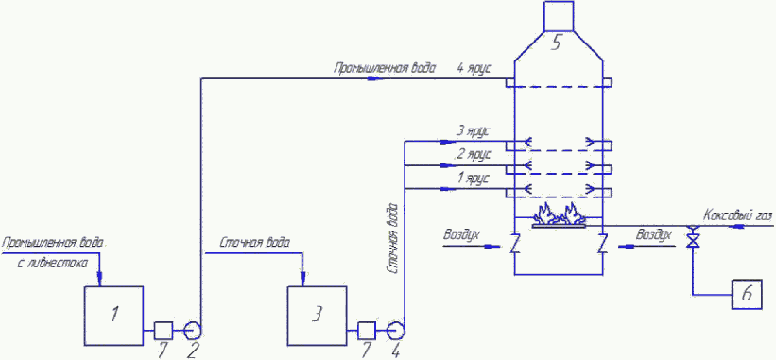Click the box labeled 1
click(113, 315)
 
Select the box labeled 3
click(317, 315)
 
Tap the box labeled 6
click(747, 294)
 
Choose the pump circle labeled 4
click(396, 329)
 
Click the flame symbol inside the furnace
click(560, 214)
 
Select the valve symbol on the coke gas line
click(693, 237)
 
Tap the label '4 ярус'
click(474, 69)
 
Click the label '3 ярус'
click(474, 132)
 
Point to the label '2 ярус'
click(474, 155)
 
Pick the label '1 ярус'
click(474, 178)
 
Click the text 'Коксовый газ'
click(737, 216)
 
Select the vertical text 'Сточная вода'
click(392, 237)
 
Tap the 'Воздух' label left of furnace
click(462, 235)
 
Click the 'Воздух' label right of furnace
click(654, 235)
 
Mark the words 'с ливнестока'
click(53, 264)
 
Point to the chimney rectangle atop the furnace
click(560, 16)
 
